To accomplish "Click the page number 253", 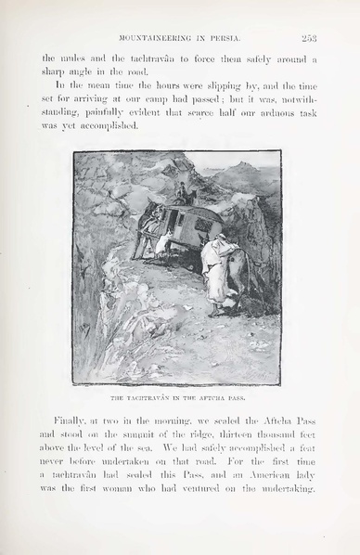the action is click(309, 38).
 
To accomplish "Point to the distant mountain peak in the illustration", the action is click(243, 167).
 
